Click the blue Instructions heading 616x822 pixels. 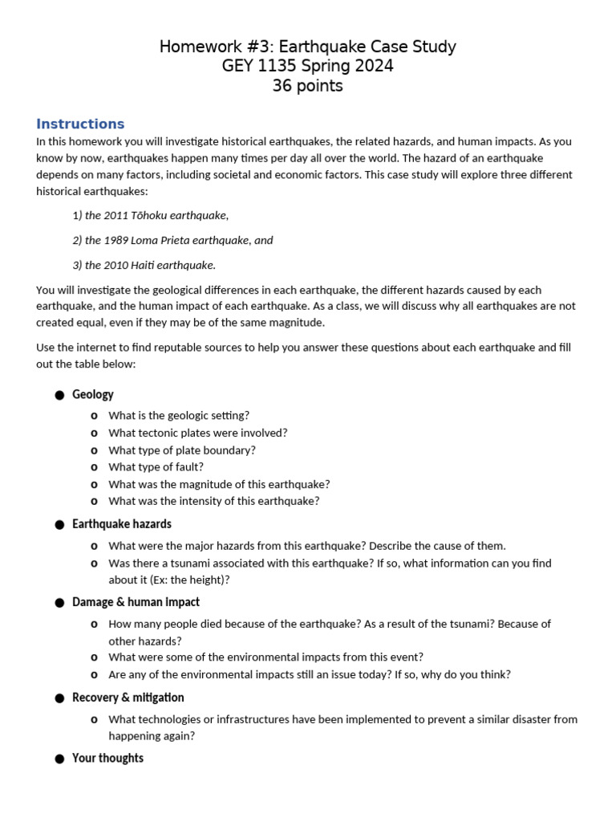tap(80, 124)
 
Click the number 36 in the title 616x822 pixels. tap(282, 86)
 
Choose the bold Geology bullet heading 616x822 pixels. tap(93, 394)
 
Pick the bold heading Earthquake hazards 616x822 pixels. tap(122, 524)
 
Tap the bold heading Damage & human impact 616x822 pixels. tap(136, 602)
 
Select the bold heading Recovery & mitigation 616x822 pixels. tap(128, 698)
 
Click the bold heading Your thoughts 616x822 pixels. tap(108, 758)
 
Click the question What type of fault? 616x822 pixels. tap(156, 467)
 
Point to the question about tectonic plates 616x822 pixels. tap(197, 433)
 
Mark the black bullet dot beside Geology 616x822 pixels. tap(59, 395)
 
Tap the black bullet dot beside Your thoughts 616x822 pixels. tap(59, 759)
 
